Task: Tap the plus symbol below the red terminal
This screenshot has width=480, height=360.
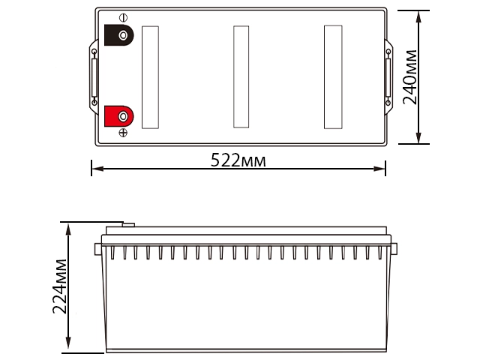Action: tap(123, 133)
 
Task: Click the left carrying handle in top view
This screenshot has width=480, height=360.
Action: tap(94, 76)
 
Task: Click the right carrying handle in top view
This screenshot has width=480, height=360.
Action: tap(388, 76)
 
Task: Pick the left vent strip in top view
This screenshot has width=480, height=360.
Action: tap(151, 76)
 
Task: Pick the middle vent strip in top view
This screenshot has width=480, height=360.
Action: tap(241, 76)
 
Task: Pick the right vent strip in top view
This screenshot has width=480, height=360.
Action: tap(332, 76)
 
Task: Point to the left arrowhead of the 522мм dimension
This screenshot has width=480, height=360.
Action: tap(94, 169)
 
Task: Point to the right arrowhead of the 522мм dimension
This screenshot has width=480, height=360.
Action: tap(382, 169)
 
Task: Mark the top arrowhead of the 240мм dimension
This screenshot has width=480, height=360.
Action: tap(422, 14)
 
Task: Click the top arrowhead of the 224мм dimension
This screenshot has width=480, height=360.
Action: tap(69, 226)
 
